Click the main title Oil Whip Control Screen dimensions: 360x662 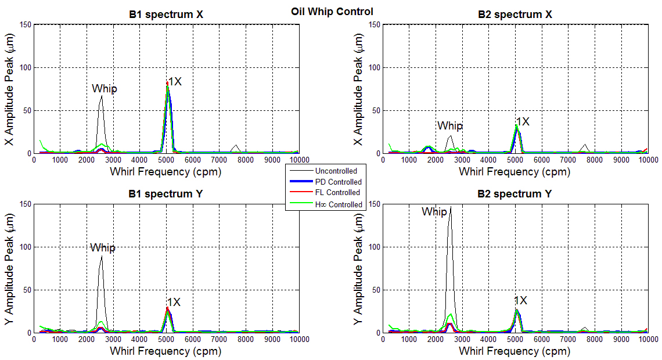coord(332,12)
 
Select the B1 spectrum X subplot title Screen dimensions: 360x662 coord(166,15)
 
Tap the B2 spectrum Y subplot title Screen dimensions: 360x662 coord(515,194)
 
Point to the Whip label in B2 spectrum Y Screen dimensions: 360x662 coord(434,212)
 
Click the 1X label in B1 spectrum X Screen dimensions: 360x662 coord(175,82)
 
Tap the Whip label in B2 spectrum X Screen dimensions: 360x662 coord(450,126)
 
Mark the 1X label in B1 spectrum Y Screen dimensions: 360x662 coord(174,303)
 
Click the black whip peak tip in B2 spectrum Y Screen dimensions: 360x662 coord(450,207)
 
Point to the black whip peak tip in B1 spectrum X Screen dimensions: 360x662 coord(101,96)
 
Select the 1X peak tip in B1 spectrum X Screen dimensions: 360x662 coord(167,82)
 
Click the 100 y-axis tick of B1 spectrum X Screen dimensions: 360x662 coord(24,67)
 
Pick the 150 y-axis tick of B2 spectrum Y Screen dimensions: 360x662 coord(373,204)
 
